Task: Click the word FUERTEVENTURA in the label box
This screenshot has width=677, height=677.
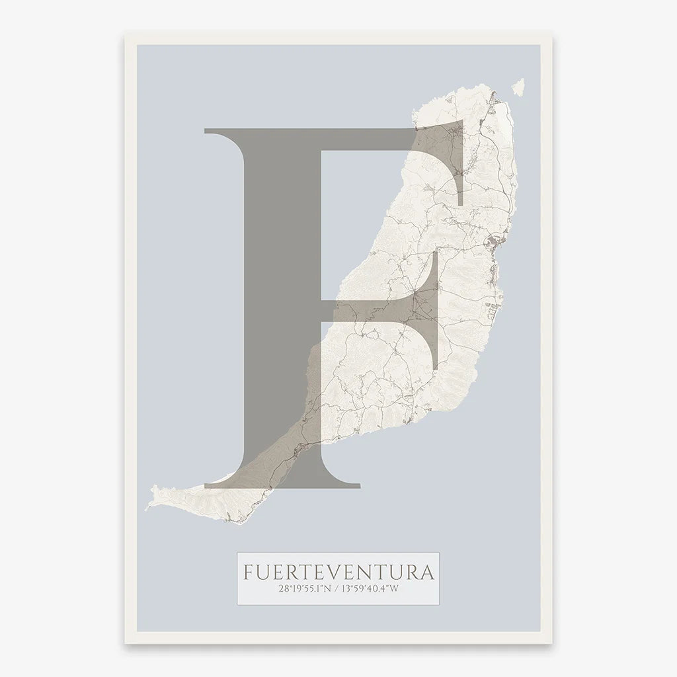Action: pyautogui.click(x=338, y=571)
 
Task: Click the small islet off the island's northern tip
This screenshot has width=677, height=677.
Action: pyautogui.click(x=518, y=87)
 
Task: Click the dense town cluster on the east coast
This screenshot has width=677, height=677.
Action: pyautogui.click(x=493, y=245)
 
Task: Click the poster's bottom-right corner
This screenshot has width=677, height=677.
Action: pyautogui.click(x=552, y=643)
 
